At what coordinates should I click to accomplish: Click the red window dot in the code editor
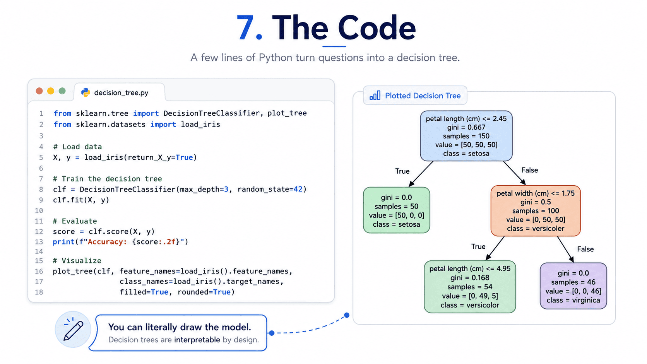click(x=39, y=91)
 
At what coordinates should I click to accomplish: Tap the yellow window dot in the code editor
click(x=51, y=91)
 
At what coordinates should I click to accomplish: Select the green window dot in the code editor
click(x=62, y=91)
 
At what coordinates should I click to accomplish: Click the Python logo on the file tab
click(x=86, y=92)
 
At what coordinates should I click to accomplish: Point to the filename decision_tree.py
click(x=122, y=93)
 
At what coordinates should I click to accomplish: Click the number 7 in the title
click(x=245, y=28)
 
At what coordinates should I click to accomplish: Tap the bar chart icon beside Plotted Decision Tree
click(x=375, y=96)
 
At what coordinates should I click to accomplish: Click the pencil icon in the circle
click(x=74, y=329)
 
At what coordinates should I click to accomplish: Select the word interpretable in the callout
click(x=197, y=340)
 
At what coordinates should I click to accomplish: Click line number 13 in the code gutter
click(x=39, y=242)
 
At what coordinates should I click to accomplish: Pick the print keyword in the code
click(x=63, y=242)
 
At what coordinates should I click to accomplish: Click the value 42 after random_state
click(x=298, y=190)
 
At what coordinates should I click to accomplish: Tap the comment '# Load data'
click(x=77, y=147)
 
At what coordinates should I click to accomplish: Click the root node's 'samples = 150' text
click(x=466, y=136)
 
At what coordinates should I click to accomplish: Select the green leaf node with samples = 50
click(x=397, y=210)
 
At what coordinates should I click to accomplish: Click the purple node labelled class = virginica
click(x=573, y=286)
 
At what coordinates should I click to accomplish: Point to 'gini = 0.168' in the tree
click(x=470, y=278)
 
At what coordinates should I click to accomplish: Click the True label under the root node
click(x=402, y=171)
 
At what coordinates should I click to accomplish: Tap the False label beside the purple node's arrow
click(x=585, y=249)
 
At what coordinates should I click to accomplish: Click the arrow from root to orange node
click(x=514, y=173)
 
